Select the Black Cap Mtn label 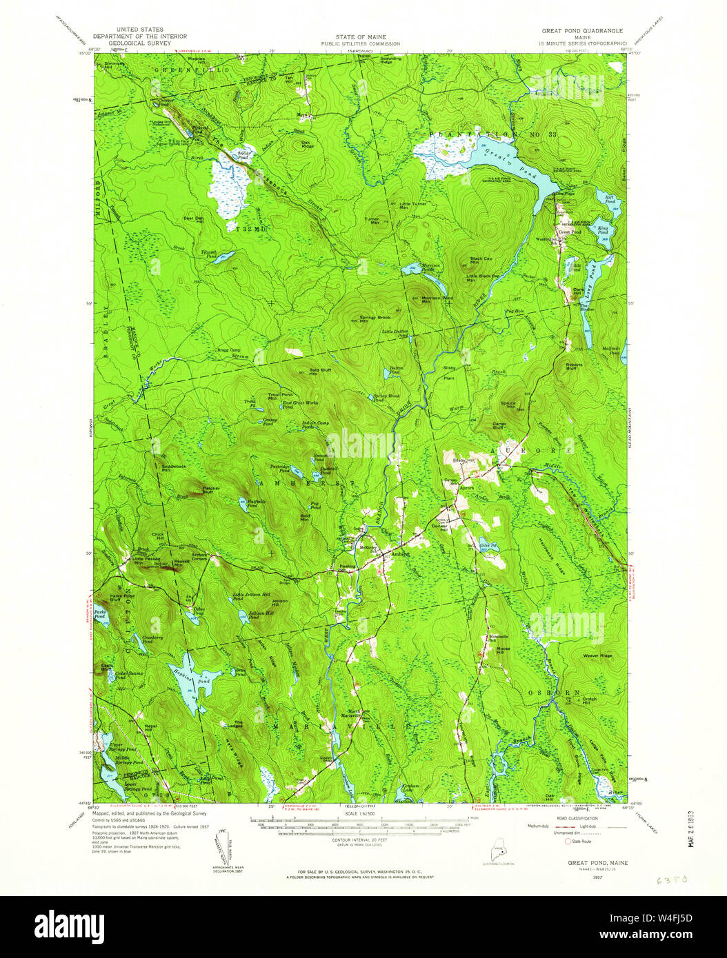(x=481, y=261)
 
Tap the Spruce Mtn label (x=508, y=405)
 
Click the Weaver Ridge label (x=597, y=655)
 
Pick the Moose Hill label (x=503, y=649)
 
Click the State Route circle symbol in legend (x=568, y=842)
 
